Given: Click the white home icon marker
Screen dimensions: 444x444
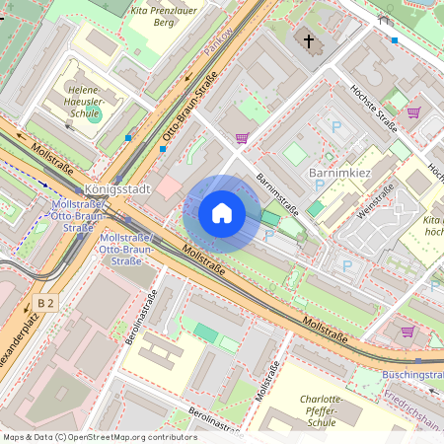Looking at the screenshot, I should click(x=222, y=213).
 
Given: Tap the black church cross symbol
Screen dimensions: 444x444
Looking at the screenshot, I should click(x=309, y=41).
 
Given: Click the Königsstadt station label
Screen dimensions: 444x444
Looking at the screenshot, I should click(x=116, y=188).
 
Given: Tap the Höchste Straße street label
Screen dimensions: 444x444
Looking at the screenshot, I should click(x=373, y=107).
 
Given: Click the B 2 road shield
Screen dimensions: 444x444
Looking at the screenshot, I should click(x=44, y=303).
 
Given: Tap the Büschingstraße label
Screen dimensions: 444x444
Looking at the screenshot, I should click(x=413, y=376).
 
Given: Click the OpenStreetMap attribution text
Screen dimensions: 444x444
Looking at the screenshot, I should click(x=100, y=437).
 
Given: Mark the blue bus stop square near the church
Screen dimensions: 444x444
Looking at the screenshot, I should click(x=395, y=40).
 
